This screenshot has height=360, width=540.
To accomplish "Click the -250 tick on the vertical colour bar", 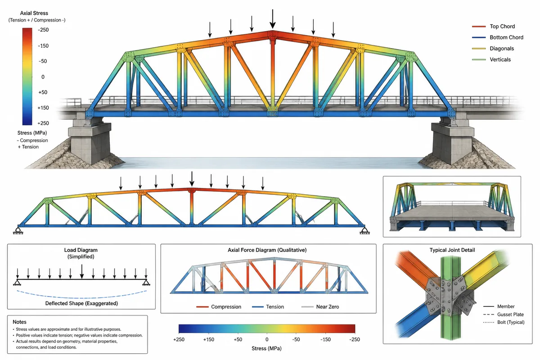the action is (x=43, y=30).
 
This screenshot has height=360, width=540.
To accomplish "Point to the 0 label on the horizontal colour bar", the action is (x=267, y=339).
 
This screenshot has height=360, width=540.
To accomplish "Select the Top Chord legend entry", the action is (x=493, y=26).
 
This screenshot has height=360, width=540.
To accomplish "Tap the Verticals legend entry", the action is (x=491, y=59).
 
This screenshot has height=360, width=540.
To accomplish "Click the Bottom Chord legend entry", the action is (x=498, y=37).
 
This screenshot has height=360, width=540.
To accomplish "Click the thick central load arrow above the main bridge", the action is (x=273, y=19).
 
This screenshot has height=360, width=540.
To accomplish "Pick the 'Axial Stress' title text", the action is (x=34, y=13).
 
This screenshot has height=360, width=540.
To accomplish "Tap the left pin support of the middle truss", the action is (x=18, y=230).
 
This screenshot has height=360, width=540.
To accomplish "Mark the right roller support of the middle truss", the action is (x=364, y=230).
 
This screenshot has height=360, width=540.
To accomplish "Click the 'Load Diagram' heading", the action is (x=81, y=250).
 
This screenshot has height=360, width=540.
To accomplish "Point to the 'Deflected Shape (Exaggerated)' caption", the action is (x=81, y=303).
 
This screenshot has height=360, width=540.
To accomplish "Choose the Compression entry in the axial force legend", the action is (x=219, y=307).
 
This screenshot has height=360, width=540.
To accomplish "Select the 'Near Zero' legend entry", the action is (x=320, y=307).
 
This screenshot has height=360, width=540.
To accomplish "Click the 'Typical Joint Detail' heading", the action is (x=452, y=250).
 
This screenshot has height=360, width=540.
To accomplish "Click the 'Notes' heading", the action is (x=19, y=322).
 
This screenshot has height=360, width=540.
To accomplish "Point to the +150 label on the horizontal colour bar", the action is (x=208, y=339).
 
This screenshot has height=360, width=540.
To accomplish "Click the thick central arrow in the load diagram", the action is (x=82, y=271).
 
